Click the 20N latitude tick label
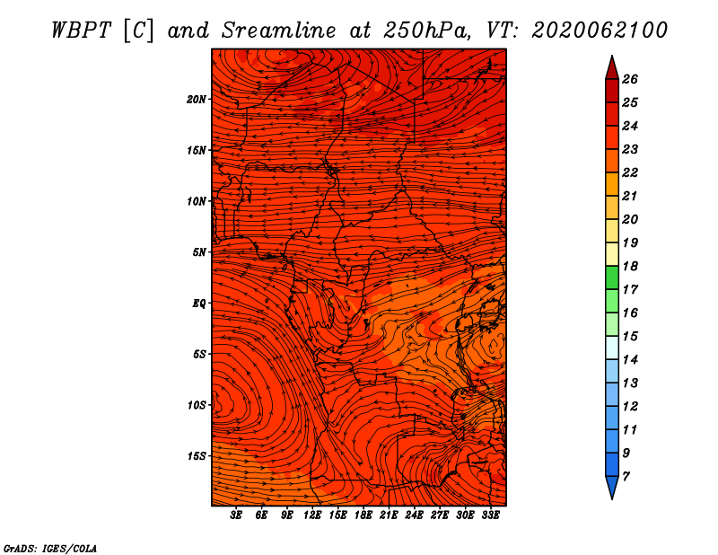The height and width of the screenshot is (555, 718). coord(196,100)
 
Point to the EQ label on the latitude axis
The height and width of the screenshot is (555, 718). coord(198,304)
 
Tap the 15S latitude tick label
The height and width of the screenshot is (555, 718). coord(197,456)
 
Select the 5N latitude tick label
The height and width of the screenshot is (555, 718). coord(199,252)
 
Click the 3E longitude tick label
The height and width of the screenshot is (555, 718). coord(236,515)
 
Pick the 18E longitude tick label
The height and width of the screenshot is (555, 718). coord(363,515)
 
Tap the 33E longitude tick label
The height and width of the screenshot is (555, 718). coord(490,515)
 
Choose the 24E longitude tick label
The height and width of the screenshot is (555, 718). coord(414,515)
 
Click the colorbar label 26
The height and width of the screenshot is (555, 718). coord(630,79)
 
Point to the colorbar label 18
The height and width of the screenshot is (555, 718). coord(630,266)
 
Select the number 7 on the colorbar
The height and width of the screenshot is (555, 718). coord(626,477)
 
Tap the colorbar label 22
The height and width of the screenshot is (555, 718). coord(630,172)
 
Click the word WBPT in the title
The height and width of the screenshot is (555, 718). coord(81,31)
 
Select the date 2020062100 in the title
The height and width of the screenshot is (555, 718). coord(600,31)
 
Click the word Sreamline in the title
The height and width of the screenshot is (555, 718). coord(279,31)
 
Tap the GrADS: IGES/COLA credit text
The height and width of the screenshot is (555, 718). coord(50,548)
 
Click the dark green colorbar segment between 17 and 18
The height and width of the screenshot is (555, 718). coord(612,277)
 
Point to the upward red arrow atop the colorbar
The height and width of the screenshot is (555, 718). coord(612,68)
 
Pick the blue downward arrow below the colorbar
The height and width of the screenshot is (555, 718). coord(612,487)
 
